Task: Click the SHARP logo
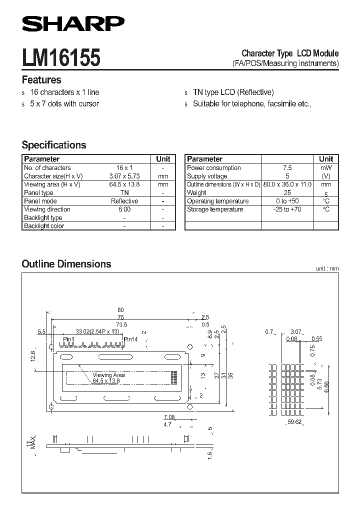tap(73, 24)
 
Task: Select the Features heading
tap(41, 80)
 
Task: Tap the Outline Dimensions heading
tap(66, 264)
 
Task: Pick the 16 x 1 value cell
tap(124, 168)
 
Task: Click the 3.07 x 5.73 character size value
tap(124, 176)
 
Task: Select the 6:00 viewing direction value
tap(124, 209)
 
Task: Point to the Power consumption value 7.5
tap(287, 168)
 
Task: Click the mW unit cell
tap(326, 168)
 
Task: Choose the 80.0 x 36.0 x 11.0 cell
tap(287, 184)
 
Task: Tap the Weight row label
tap(196, 193)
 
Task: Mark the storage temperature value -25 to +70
tap(287, 209)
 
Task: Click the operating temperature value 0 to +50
tap(287, 201)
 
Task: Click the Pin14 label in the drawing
tap(130, 339)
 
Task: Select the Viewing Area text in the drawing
tap(108, 375)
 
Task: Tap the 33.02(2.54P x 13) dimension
tap(97, 331)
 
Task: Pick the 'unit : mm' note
tap(327, 268)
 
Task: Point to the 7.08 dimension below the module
tap(169, 416)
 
